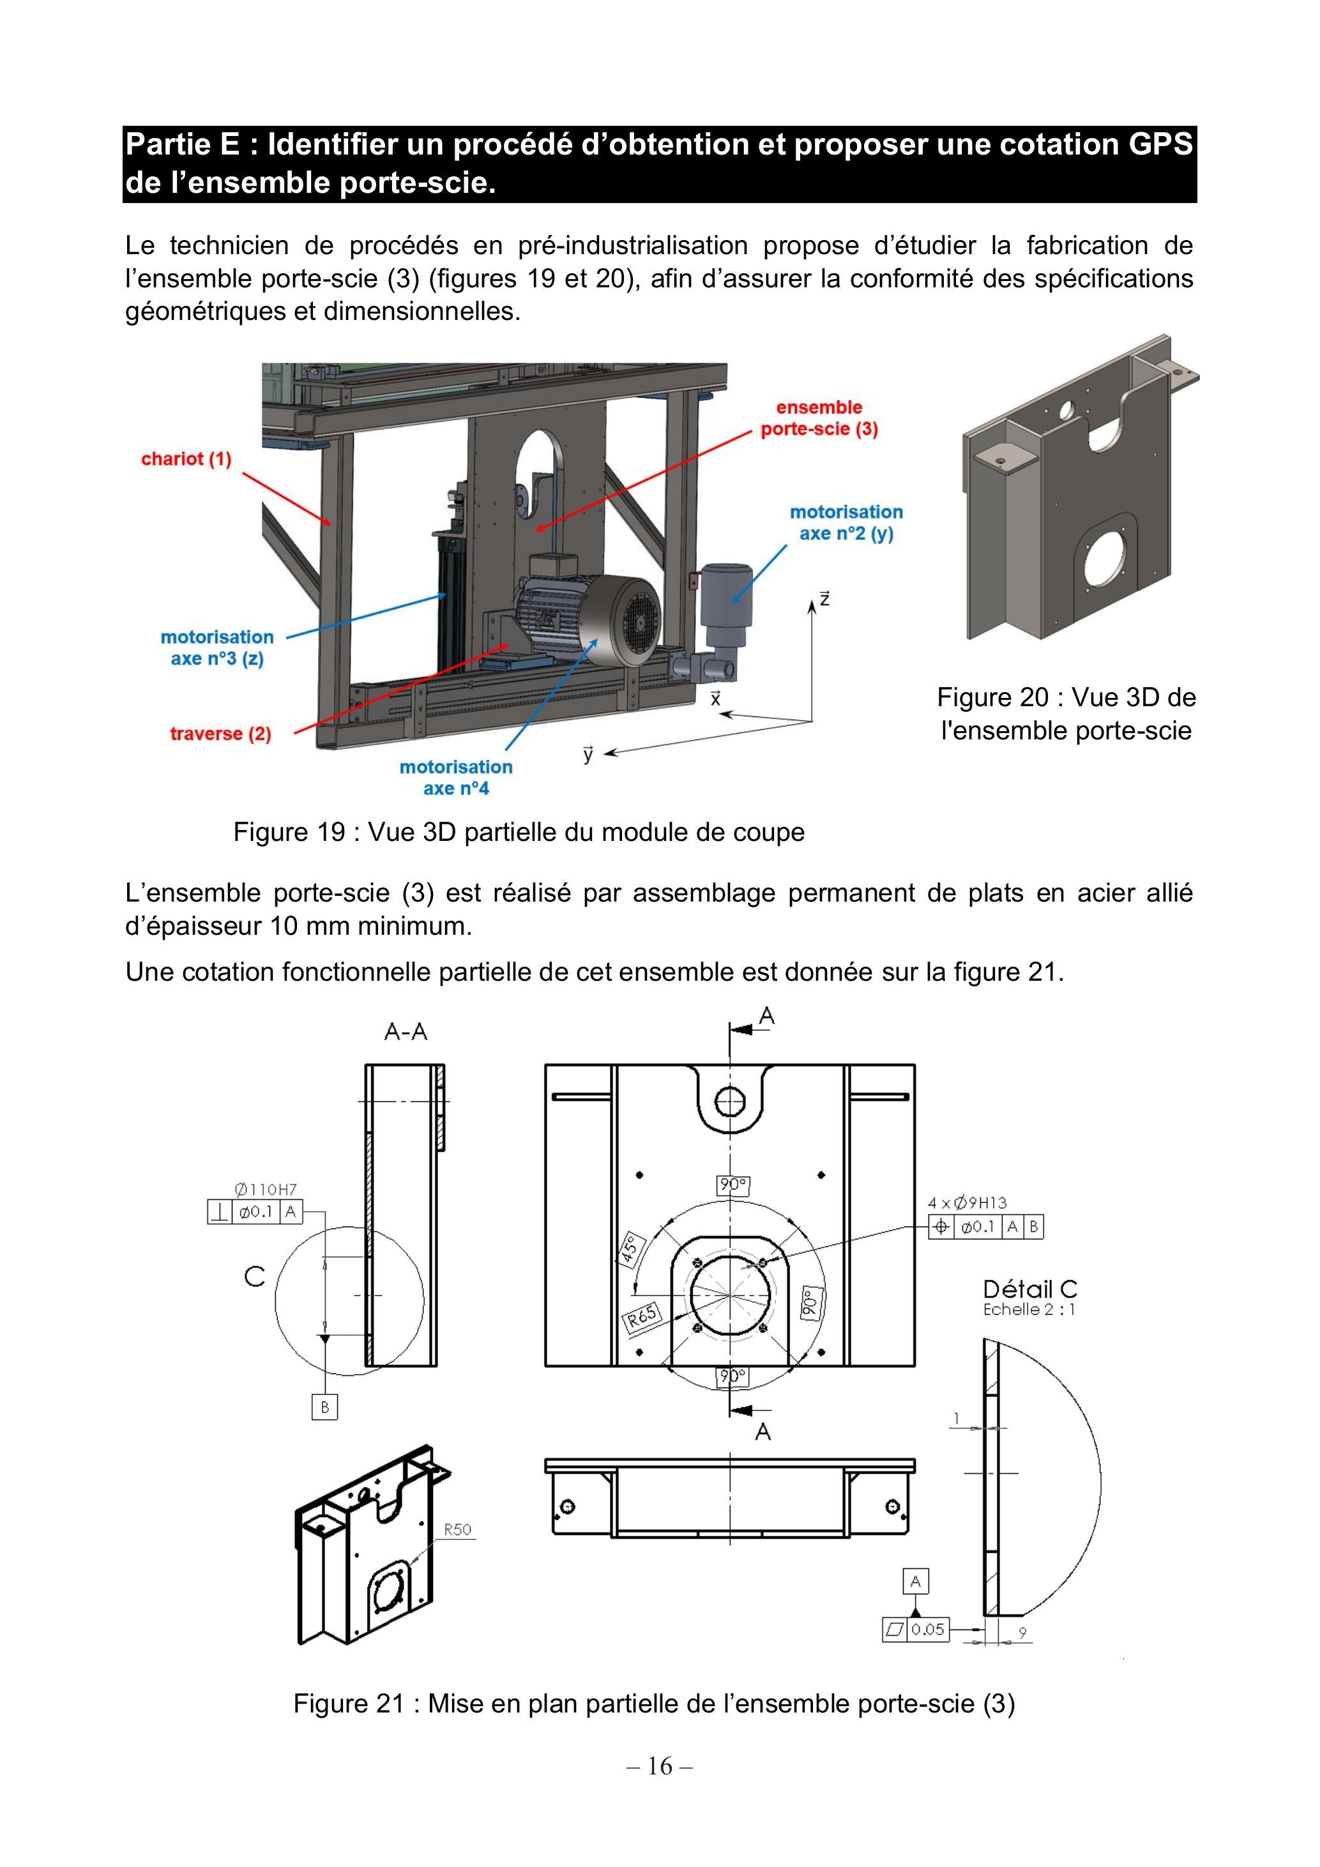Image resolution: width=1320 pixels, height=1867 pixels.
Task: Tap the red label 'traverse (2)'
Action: point(220,734)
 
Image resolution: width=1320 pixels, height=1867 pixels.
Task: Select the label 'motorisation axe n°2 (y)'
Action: point(846,523)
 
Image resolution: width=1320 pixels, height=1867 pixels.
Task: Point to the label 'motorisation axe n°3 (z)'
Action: point(217,647)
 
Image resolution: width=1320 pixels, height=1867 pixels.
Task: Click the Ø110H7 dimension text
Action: point(266,1189)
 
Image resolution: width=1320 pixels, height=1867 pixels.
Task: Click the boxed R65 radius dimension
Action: point(642,1315)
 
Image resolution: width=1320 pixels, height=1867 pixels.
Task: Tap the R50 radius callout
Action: point(457,1529)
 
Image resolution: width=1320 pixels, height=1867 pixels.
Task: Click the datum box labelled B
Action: point(324,1407)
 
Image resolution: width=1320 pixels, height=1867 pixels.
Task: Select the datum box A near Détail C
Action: point(916,1582)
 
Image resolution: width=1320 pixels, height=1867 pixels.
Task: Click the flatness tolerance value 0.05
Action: point(928,1629)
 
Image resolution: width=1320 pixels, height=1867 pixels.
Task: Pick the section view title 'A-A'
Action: point(406,1032)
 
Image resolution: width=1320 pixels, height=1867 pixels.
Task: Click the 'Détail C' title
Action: point(1029,1289)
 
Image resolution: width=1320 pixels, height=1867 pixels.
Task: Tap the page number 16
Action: point(660,1765)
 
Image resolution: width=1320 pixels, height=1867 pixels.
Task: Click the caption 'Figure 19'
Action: point(289,832)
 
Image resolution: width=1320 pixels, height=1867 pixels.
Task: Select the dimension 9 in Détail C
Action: point(1022,1631)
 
